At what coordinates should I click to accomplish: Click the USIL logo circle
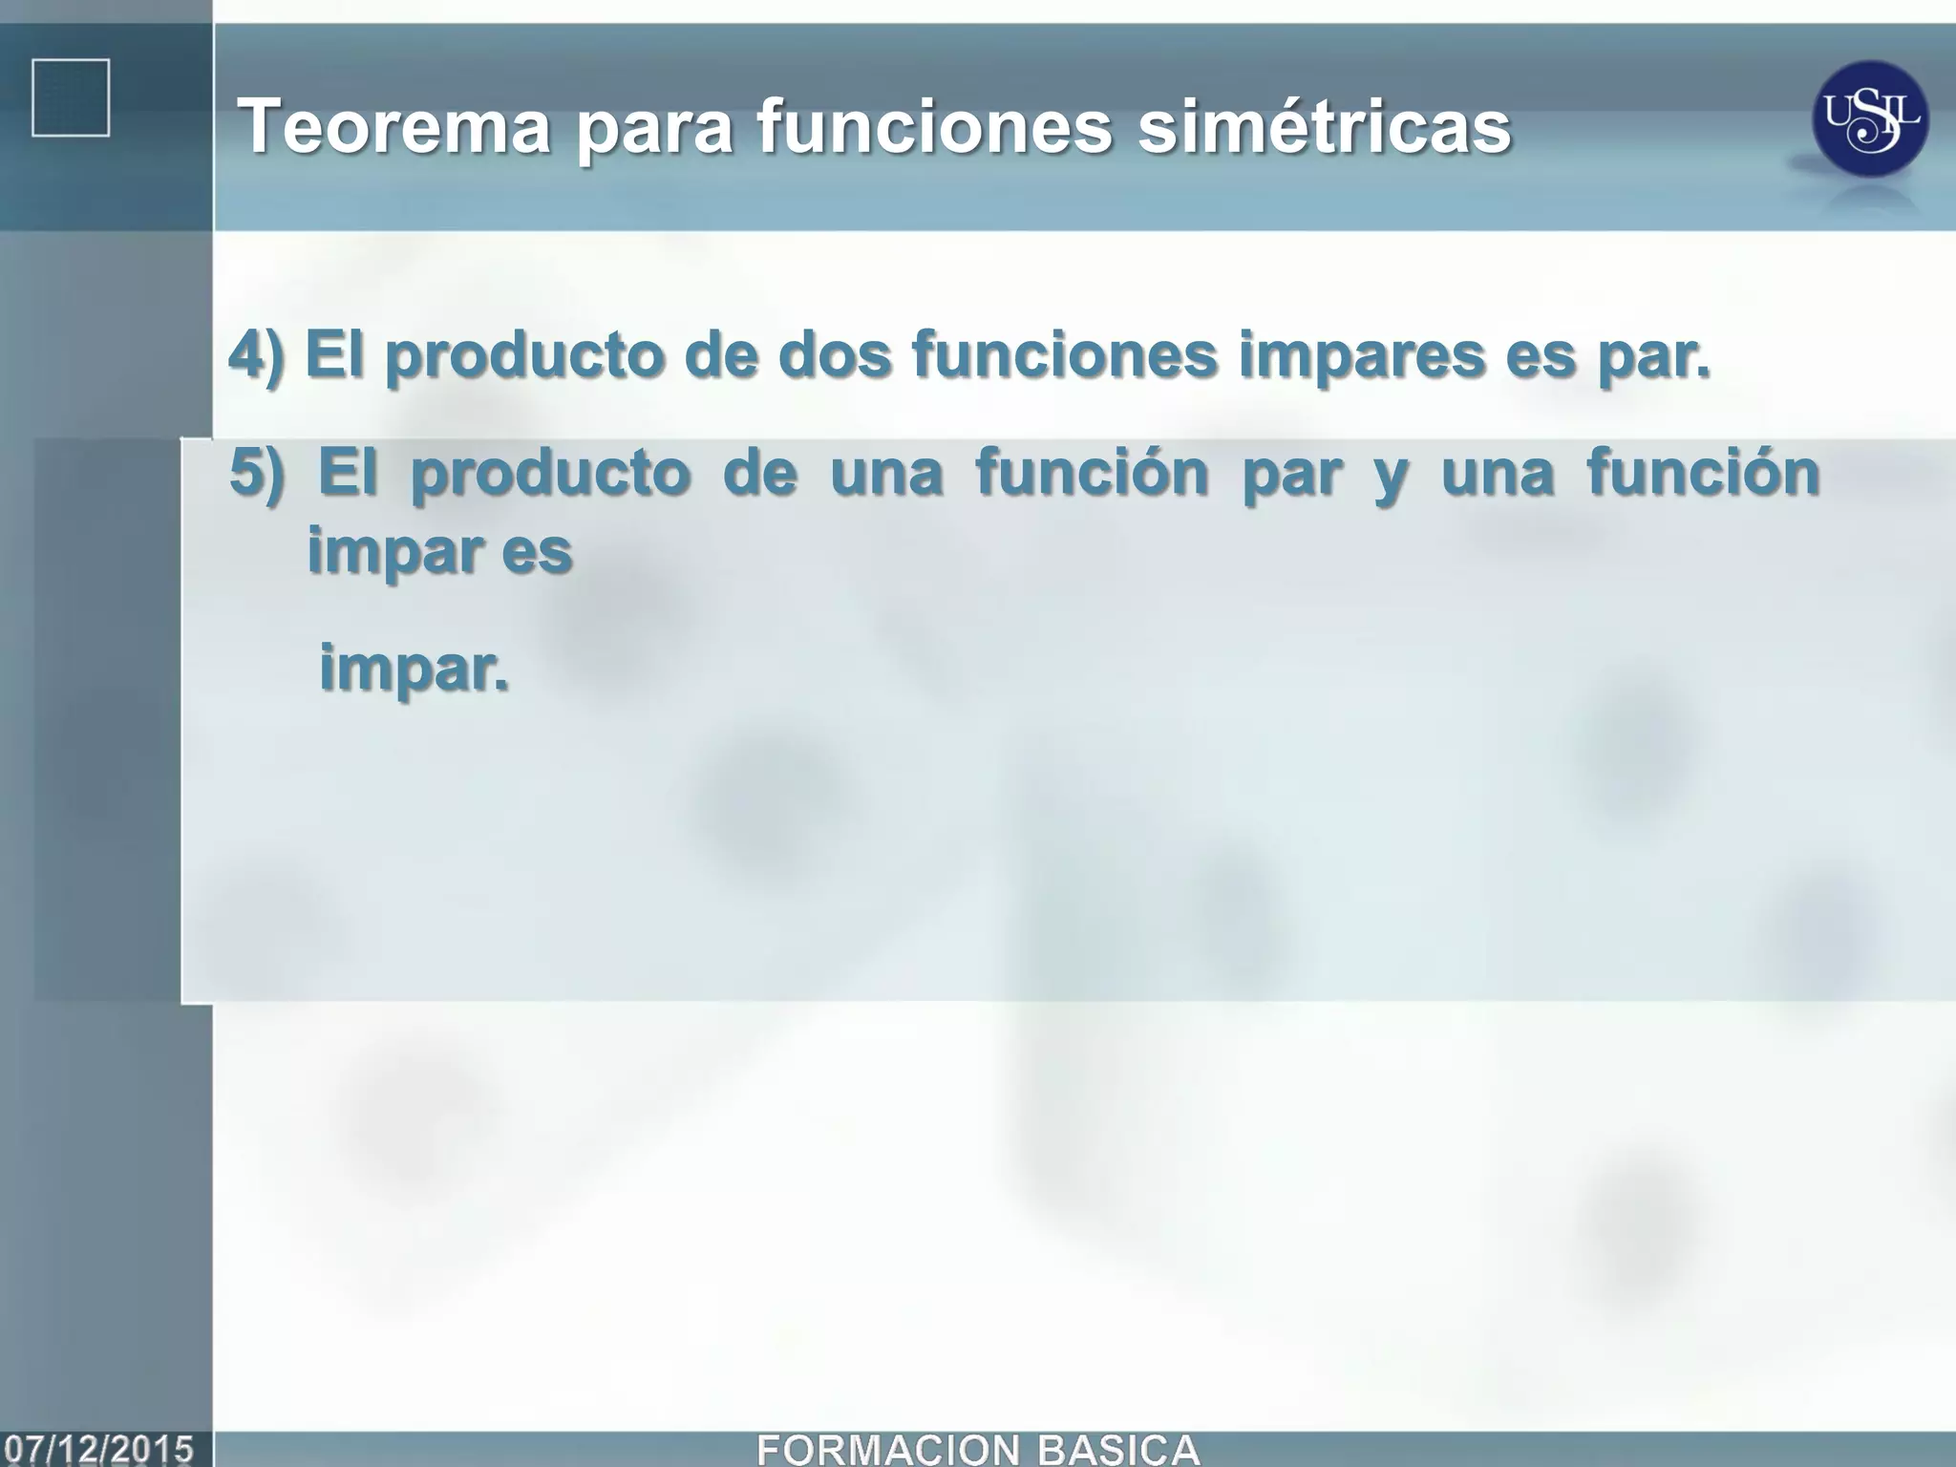[1869, 118]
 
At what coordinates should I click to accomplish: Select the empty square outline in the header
[71, 97]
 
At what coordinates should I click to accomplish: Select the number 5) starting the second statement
[257, 472]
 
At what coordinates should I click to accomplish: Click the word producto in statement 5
[550, 474]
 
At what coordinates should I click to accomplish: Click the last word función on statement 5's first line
[1703, 472]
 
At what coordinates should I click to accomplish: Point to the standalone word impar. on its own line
[413, 669]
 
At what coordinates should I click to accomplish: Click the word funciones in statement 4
[1064, 354]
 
